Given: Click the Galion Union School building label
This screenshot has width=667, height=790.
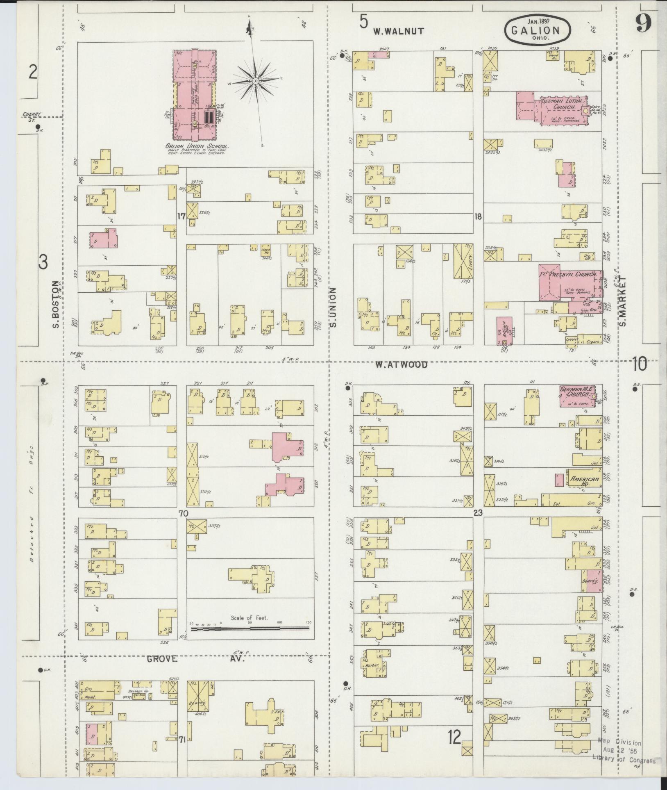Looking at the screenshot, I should click(x=197, y=146).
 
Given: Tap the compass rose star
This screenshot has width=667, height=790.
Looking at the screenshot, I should click(x=255, y=81).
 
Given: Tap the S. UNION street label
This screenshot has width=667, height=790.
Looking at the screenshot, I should click(x=333, y=307).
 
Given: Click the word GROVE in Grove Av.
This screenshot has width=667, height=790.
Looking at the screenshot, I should click(x=162, y=659).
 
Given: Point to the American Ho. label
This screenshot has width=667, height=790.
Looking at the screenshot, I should click(x=584, y=481).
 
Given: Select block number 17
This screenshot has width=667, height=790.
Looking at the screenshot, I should click(x=181, y=216).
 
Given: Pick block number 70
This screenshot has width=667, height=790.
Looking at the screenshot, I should click(x=182, y=513).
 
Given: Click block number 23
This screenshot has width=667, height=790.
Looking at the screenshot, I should click(x=478, y=512).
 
